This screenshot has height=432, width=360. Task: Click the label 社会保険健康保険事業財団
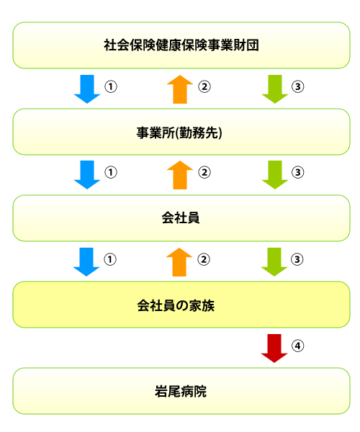(181, 45)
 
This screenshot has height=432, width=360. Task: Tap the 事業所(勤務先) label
(179, 132)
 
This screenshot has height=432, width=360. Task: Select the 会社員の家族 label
(176, 305)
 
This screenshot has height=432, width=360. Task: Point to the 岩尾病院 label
(181, 391)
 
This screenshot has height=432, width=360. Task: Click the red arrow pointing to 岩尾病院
(274, 348)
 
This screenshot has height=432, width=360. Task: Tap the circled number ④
(298, 346)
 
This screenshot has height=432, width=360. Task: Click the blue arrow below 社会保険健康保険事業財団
(87, 89)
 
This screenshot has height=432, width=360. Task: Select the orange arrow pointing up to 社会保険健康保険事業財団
(180, 89)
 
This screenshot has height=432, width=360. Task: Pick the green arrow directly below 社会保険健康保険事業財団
(275, 89)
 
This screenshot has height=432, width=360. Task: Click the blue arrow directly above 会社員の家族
(86, 262)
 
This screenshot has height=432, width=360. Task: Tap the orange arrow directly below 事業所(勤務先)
(180, 175)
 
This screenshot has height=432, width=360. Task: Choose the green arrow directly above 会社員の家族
(274, 262)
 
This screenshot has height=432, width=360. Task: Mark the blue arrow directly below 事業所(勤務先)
(87, 175)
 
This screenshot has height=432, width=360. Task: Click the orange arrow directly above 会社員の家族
(179, 262)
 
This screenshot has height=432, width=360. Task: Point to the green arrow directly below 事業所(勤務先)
(275, 175)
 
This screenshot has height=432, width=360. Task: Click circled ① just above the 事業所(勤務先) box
(111, 86)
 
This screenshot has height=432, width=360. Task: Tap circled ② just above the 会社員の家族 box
(204, 259)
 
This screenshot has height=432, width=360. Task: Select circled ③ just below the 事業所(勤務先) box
(298, 172)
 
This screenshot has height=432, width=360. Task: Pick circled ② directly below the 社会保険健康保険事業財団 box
(204, 86)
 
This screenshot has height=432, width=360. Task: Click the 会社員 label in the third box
(181, 218)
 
